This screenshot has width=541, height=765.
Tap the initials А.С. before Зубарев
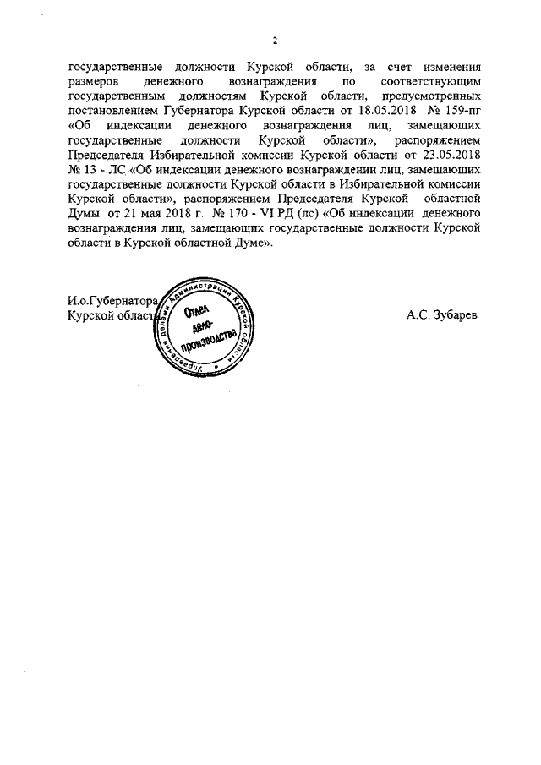click(x=415, y=314)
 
